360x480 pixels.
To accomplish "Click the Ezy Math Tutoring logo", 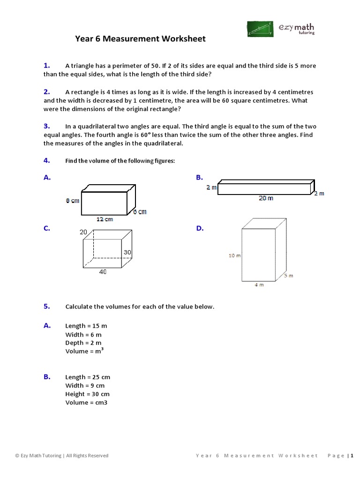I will pyautogui.click(x=281, y=29).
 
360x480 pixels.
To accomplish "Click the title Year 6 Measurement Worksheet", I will pyautogui.click(x=140, y=38).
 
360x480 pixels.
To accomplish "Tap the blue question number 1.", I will pyautogui.click(x=47, y=66).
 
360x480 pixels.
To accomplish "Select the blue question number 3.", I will pyautogui.click(x=47, y=126).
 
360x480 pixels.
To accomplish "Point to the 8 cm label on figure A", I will pyautogui.click(x=73, y=201).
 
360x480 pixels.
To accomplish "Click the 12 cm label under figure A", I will pyautogui.click(x=105, y=219).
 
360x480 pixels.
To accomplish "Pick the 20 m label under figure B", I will pyautogui.click(x=266, y=198).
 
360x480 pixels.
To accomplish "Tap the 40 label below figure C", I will pyautogui.click(x=103, y=272).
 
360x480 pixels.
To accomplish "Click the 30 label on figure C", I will pyautogui.click(x=127, y=252).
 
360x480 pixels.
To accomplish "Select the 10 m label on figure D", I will pyautogui.click(x=234, y=256).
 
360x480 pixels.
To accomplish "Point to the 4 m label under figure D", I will pyautogui.click(x=259, y=285).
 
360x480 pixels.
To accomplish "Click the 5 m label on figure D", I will pyautogui.click(x=288, y=276).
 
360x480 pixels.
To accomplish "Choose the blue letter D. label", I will pyautogui.click(x=200, y=228).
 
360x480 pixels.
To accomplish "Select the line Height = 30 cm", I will pyautogui.click(x=88, y=394).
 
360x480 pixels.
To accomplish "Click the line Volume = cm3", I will pyautogui.click(x=86, y=403).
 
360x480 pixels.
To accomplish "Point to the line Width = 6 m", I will pyautogui.click(x=83, y=335).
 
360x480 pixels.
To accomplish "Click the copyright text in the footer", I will pyautogui.click(x=61, y=455).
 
